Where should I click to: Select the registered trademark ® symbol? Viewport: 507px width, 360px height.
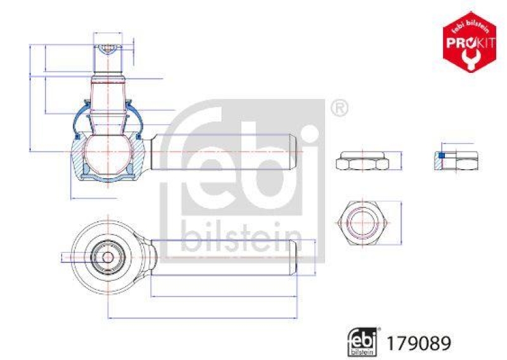coord(340,108)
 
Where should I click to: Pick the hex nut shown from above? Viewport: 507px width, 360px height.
coord(363,223)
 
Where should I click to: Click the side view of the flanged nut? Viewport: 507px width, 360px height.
coord(363,161)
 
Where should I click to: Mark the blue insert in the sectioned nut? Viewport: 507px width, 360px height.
coord(442,155)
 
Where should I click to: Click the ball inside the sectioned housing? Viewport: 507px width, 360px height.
coord(108,153)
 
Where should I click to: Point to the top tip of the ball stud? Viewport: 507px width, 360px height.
coord(108,46)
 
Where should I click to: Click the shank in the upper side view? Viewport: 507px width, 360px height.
coord(222,153)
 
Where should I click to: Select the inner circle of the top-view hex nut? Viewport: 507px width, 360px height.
coord(363,223)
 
